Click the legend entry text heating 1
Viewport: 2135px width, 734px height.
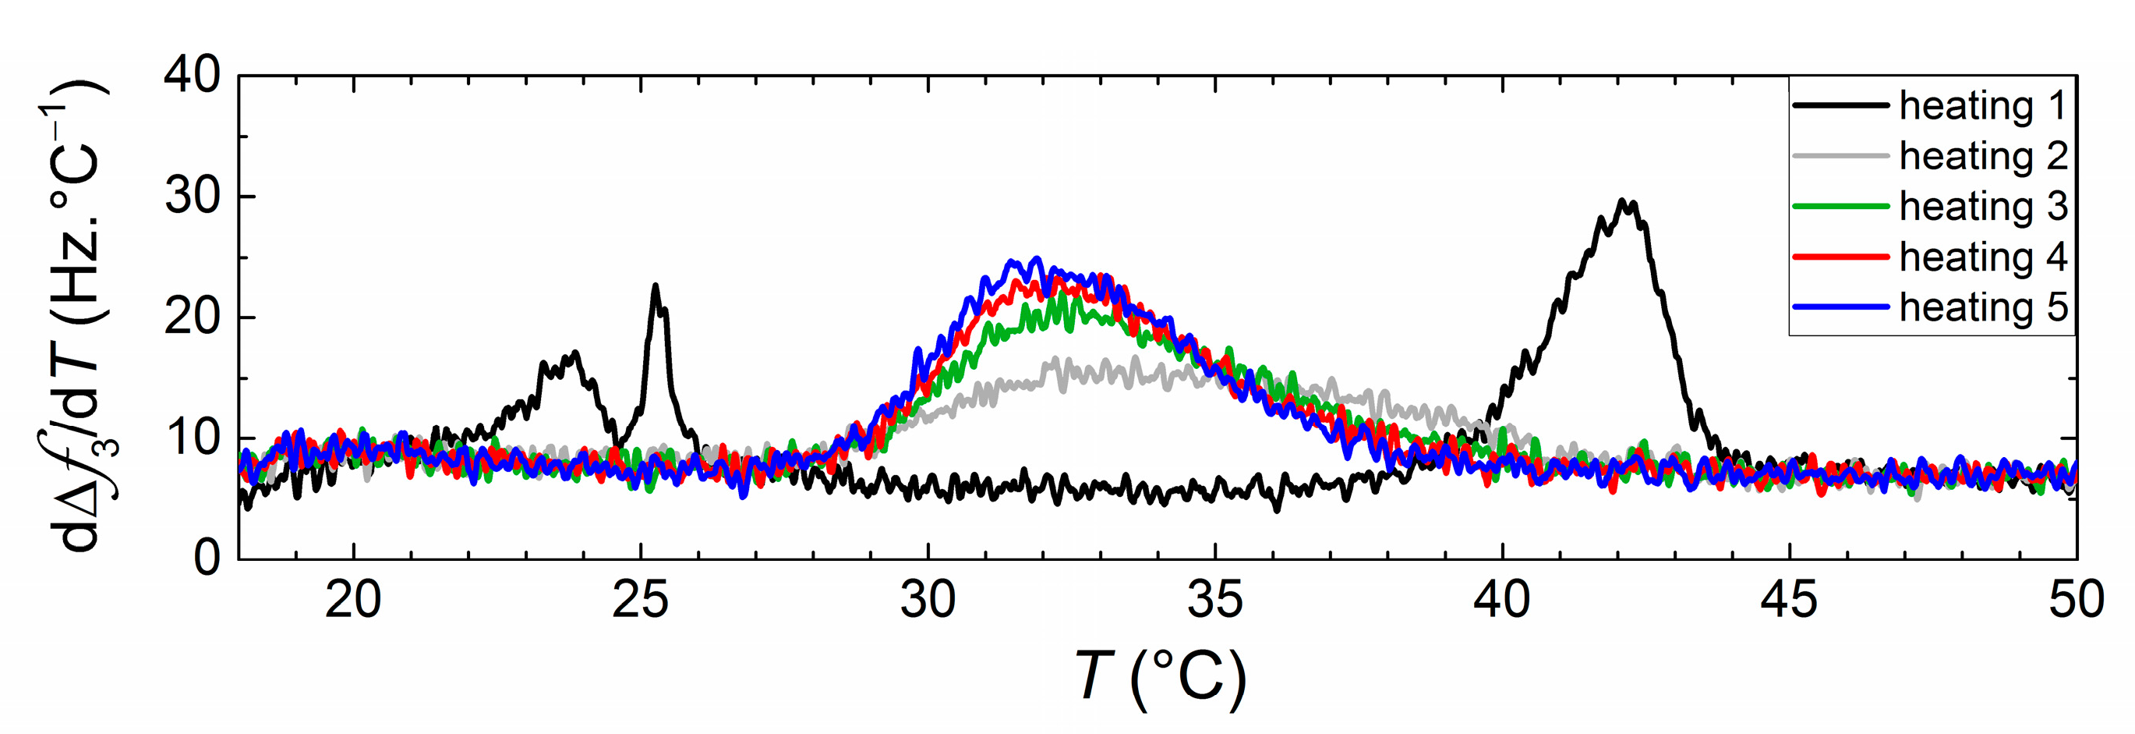point(1982,106)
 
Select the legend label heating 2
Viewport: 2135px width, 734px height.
point(1982,156)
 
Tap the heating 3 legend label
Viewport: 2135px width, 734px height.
point(1982,207)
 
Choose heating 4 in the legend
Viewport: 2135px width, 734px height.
point(1982,257)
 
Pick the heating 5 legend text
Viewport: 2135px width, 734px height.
point(1982,307)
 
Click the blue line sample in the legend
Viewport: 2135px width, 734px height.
point(1840,307)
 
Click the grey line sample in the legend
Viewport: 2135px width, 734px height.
point(1840,156)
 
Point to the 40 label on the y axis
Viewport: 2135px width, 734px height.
point(193,76)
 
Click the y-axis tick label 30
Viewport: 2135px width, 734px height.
point(193,197)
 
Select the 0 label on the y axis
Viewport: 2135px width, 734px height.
point(207,558)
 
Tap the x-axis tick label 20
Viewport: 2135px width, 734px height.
point(353,600)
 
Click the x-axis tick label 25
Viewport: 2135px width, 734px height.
point(640,600)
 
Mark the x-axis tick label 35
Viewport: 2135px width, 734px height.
point(1215,600)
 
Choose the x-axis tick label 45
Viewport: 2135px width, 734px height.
point(1789,600)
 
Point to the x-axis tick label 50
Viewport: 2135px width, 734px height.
point(2075,600)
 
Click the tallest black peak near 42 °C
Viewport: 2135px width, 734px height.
point(1626,202)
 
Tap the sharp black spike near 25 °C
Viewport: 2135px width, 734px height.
point(656,287)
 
